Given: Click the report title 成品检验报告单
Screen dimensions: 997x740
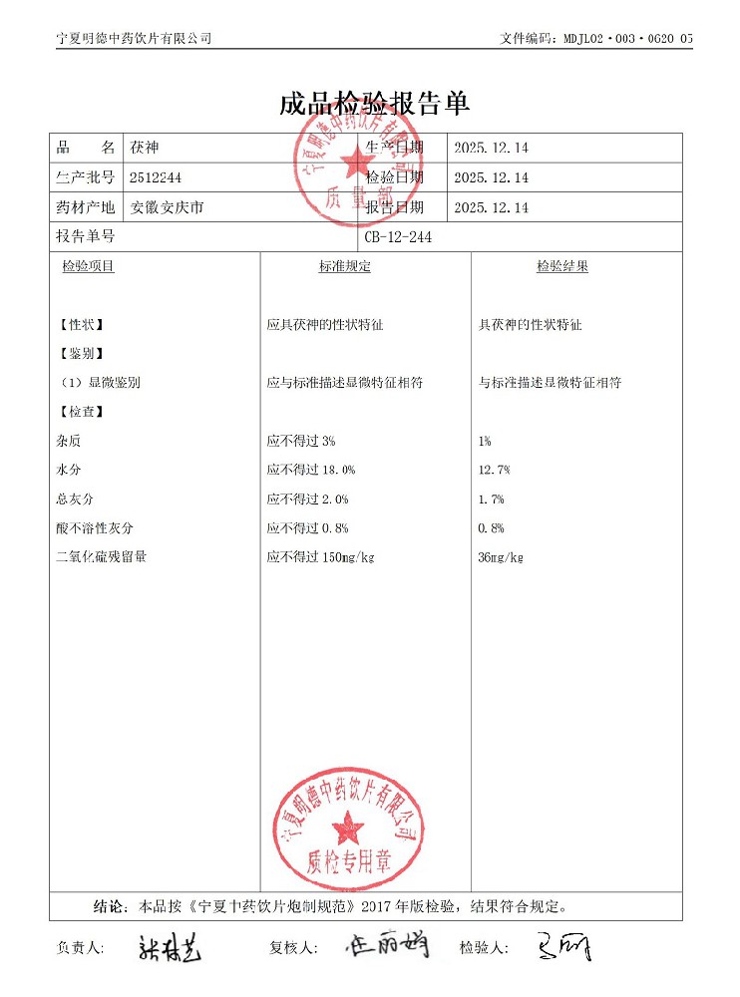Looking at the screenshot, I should pyautogui.click(x=374, y=105).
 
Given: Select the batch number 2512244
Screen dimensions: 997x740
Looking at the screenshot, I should pyautogui.click(x=156, y=177).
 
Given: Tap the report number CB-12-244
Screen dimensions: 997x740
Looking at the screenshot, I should pyautogui.click(x=398, y=237).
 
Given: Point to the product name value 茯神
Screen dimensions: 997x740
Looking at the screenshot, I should pyautogui.click(x=144, y=148).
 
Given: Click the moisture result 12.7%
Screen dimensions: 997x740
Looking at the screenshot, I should pyautogui.click(x=495, y=470).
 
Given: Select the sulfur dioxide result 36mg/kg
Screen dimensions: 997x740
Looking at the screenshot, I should pyautogui.click(x=501, y=557).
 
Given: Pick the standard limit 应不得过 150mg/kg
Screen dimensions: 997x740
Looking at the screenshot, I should pyautogui.click(x=320, y=557).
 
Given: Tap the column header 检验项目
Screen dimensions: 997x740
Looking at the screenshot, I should pyautogui.click(x=88, y=266).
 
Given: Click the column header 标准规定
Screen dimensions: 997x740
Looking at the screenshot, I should pyautogui.click(x=344, y=266).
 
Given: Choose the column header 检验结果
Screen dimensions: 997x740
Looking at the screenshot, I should pyautogui.click(x=561, y=266).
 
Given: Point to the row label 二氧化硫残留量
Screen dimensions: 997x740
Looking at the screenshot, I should pyautogui.click(x=102, y=557).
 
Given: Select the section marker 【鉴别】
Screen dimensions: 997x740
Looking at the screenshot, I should pyautogui.click(x=81, y=354).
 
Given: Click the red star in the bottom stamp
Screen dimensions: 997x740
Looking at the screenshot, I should pyautogui.click(x=348, y=827).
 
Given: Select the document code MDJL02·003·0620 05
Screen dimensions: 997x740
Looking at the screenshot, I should pyautogui.click(x=624, y=39).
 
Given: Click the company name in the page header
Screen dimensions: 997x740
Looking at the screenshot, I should pyautogui.click(x=135, y=39).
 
